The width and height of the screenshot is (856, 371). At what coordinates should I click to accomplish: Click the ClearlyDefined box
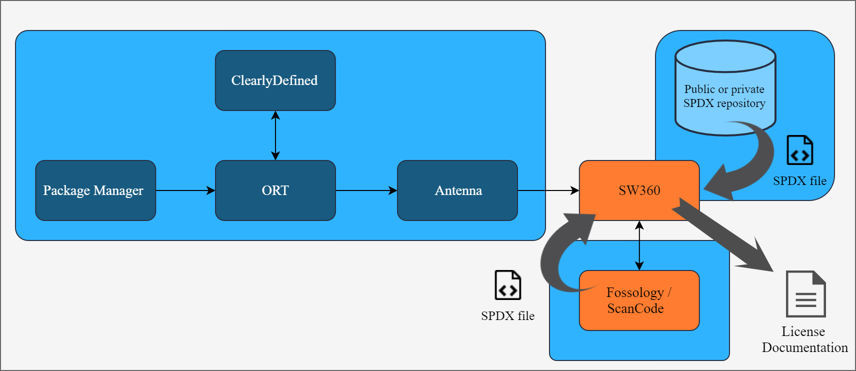click(275, 80)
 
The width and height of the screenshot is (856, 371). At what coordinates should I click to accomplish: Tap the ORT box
click(275, 190)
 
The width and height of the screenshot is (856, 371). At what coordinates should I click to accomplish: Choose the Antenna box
click(457, 190)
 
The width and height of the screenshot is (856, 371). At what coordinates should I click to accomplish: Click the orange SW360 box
click(639, 190)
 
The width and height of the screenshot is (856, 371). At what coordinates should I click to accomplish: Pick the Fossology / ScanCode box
click(639, 300)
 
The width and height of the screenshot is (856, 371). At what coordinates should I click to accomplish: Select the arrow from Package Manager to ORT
click(185, 190)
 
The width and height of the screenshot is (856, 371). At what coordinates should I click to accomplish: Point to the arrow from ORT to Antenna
click(366, 190)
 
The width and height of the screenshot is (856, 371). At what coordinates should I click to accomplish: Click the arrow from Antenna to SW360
click(548, 190)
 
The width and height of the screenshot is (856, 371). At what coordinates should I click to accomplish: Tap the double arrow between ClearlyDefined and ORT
click(275, 135)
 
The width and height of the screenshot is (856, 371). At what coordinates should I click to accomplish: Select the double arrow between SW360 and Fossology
click(639, 245)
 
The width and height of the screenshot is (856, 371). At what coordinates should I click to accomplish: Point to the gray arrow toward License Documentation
click(725, 235)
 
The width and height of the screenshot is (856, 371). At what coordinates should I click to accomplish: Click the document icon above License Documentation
click(805, 294)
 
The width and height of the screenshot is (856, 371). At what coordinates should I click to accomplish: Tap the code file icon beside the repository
click(799, 150)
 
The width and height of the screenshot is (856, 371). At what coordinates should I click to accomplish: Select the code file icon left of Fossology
click(507, 285)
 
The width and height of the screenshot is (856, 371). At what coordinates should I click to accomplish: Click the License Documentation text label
click(804, 339)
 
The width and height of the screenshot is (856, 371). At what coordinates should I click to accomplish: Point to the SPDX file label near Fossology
click(507, 316)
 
